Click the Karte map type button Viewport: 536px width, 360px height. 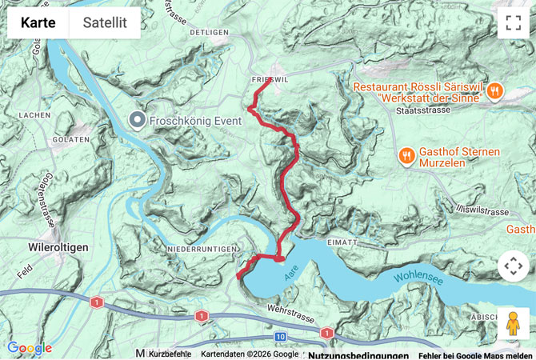(x=38, y=22)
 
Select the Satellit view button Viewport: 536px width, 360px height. (x=105, y=22)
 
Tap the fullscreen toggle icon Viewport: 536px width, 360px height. (x=513, y=22)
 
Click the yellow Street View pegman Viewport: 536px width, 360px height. (x=513, y=324)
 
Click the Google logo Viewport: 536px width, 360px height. (x=29, y=348)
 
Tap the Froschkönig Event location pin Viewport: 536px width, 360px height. (x=138, y=121)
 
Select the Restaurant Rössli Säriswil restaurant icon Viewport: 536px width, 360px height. (x=495, y=90)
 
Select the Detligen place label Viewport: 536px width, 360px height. (x=210, y=32)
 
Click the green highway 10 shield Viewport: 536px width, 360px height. (x=280, y=337)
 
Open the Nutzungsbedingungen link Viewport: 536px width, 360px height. (x=358, y=354)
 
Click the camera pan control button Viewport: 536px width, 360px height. (x=513, y=266)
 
